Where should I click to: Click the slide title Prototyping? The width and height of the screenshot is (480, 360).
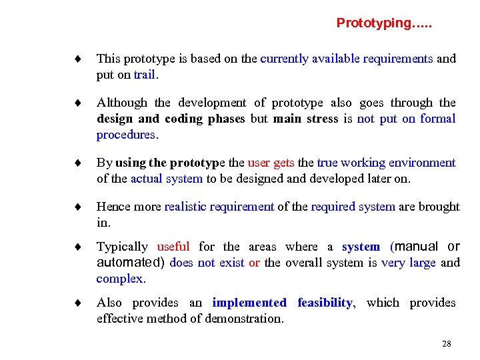(x=383, y=23)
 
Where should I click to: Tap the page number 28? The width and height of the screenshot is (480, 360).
(x=447, y=344)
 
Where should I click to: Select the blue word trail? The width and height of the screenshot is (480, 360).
(x=144, y=75)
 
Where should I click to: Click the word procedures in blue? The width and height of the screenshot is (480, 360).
(x=126, y=135)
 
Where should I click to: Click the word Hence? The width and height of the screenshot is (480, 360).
(x=113, y=207)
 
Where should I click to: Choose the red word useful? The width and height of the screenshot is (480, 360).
(x=173, y=247)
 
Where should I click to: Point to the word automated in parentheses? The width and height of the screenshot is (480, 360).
(x=130, y=263)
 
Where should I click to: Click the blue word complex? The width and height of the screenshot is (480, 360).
(x=119, y=279)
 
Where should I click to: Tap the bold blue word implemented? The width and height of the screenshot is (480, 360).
(x=249, y=303)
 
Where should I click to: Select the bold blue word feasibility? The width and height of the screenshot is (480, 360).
(x=325, y=303)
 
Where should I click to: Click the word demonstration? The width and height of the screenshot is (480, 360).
(x=245, y=319)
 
